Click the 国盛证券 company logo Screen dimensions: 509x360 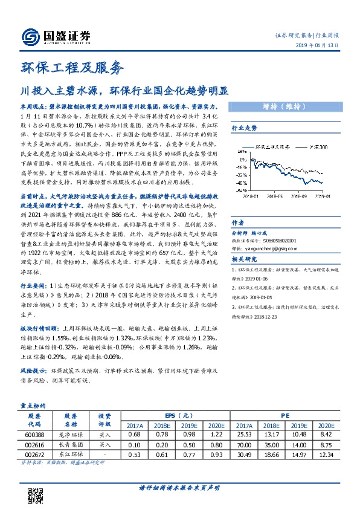coord(56,36)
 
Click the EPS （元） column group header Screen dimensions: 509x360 coord(178,417)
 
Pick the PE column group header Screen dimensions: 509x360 coord(286,417)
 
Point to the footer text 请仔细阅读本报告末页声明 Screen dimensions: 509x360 coord(179,488)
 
